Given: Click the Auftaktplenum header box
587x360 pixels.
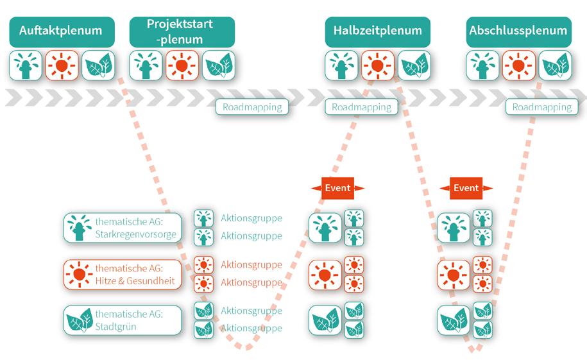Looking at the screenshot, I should tap(61, 31).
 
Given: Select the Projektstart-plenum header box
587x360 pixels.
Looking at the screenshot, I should tap(182, 31).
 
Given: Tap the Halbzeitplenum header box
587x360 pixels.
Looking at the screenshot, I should tap(377, 31).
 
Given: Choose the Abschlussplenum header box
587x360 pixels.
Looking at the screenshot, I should tap(518, 31).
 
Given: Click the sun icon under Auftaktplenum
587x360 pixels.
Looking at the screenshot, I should tap(62, 65).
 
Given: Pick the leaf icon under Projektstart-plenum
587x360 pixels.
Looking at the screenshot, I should tap(219, 65).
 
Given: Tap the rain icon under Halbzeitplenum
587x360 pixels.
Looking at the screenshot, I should tap(341, 65).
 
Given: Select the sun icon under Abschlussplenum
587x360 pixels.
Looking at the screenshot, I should tap(518, 65).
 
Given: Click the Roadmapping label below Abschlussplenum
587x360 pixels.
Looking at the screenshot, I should tap(541, 107).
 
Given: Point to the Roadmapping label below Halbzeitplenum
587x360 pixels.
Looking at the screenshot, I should tap(361, 107).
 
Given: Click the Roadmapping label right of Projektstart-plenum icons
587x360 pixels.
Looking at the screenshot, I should tap(252, 107).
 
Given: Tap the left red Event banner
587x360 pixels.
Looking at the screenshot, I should tap(337, 188).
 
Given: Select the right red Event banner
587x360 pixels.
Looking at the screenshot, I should tap(466, 188).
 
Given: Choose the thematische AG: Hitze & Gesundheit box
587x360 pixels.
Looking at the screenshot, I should tap(123, 275).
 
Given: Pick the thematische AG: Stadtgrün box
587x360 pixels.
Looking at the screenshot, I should tap(123, 320).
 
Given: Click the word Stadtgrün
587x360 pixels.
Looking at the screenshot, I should tap(116, 326).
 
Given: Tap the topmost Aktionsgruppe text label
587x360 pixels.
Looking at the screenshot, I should tap(251, 218).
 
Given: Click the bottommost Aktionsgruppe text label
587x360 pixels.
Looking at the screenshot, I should tap(251, 328).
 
